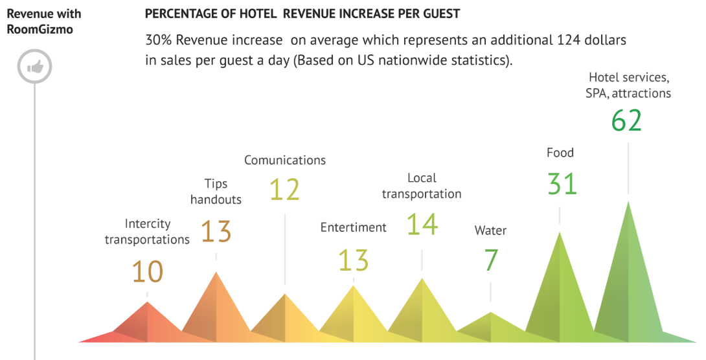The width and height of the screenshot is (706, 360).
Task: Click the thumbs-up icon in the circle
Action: click(x=34, y=67)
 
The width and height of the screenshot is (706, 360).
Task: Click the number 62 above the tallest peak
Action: click(x=626, y=120)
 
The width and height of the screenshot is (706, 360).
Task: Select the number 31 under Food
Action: click(x=562, y=184)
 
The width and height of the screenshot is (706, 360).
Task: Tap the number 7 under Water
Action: click(x=490, y=260)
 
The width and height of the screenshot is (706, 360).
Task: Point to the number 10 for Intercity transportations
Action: click(x=148, y=271)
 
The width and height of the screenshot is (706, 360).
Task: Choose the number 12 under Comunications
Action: click(x=284, y=190)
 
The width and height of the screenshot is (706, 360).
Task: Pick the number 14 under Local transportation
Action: click(x=422, y=224)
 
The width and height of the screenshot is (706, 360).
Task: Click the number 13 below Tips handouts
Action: click(x=216, y=231)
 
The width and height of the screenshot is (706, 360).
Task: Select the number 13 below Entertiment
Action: click(x=353, y=260)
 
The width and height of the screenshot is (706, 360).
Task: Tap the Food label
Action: click(x=560, y=153)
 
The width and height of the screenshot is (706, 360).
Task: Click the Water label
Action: click(x=490, y=231)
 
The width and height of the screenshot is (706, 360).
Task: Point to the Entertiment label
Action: click(x=353, y=227)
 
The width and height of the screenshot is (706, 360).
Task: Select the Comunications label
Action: click(x=285, y=160)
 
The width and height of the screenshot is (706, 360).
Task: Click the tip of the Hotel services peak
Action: click(x=628, y=201)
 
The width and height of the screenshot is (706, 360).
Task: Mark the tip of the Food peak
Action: click(x=559, y=232)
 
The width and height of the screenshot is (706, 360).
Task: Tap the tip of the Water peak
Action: click(x=490, y=313)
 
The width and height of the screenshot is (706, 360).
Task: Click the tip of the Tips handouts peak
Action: click(x=216, y=272)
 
